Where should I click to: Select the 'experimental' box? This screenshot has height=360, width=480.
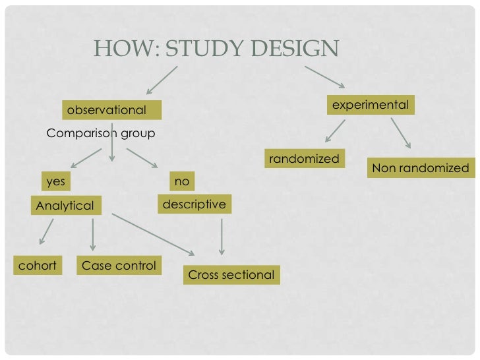pyautogui.click(x=370, y=105)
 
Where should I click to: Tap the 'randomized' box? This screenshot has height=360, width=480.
pyautogui.click(x=304, y=159)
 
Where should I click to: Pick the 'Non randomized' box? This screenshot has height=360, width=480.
pyautogui.click(x=420, y=168)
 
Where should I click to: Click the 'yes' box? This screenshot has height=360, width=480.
pyautogui.click(x=56, y=180)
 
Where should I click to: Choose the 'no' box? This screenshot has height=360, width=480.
pyautogui.click(x=181, y=180)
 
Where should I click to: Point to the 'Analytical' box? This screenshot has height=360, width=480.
pyautogui.click(x=65, y=206)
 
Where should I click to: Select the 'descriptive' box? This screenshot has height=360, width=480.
pyautogui.click(x=194, y=204)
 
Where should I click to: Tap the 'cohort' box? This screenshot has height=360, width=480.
pyautogui.click(x=37, y=266)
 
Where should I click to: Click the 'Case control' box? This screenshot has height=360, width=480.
pyautogui.click(x=119, y=266)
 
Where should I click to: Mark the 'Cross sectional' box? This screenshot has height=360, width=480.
pyautogui.click(x=231, y=275)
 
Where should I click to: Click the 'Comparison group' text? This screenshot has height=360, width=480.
pyautogui.click(x=100, y=134)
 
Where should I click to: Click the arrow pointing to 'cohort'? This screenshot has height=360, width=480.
pyautogui.click(x=46, y=232)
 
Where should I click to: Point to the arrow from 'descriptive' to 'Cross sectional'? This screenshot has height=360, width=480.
pyautogui.click(x=222, y=237)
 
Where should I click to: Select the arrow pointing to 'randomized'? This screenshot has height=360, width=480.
pyautogui.click(x=336, y=131)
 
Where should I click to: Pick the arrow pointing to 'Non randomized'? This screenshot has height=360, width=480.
pyautogui.click(x=401, y=133)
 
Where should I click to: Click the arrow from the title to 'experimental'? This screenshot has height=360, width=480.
pyautogui.click(x=324, y=76)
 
